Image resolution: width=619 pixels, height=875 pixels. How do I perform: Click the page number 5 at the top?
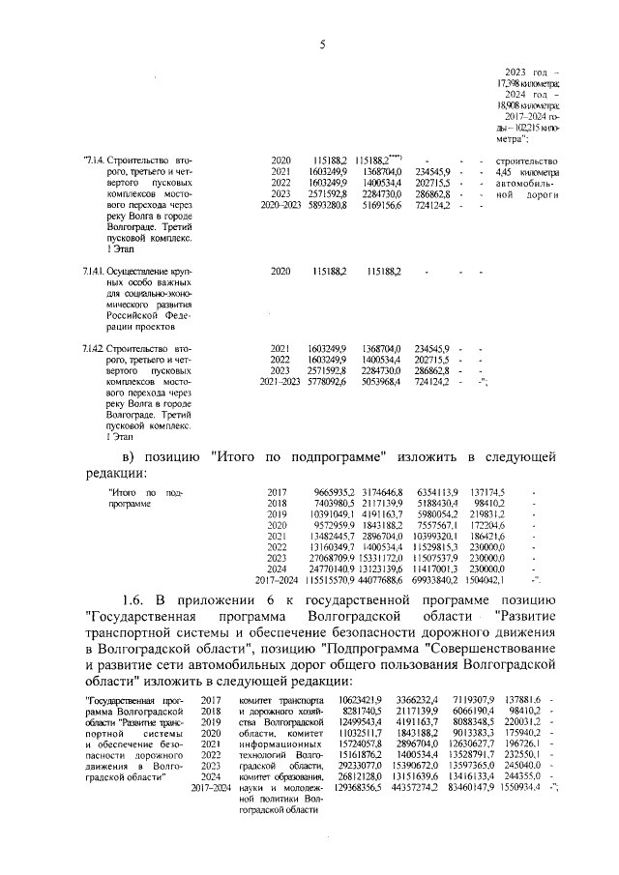point(320,43)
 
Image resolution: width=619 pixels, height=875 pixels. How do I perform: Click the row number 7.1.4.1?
point(94,274)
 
